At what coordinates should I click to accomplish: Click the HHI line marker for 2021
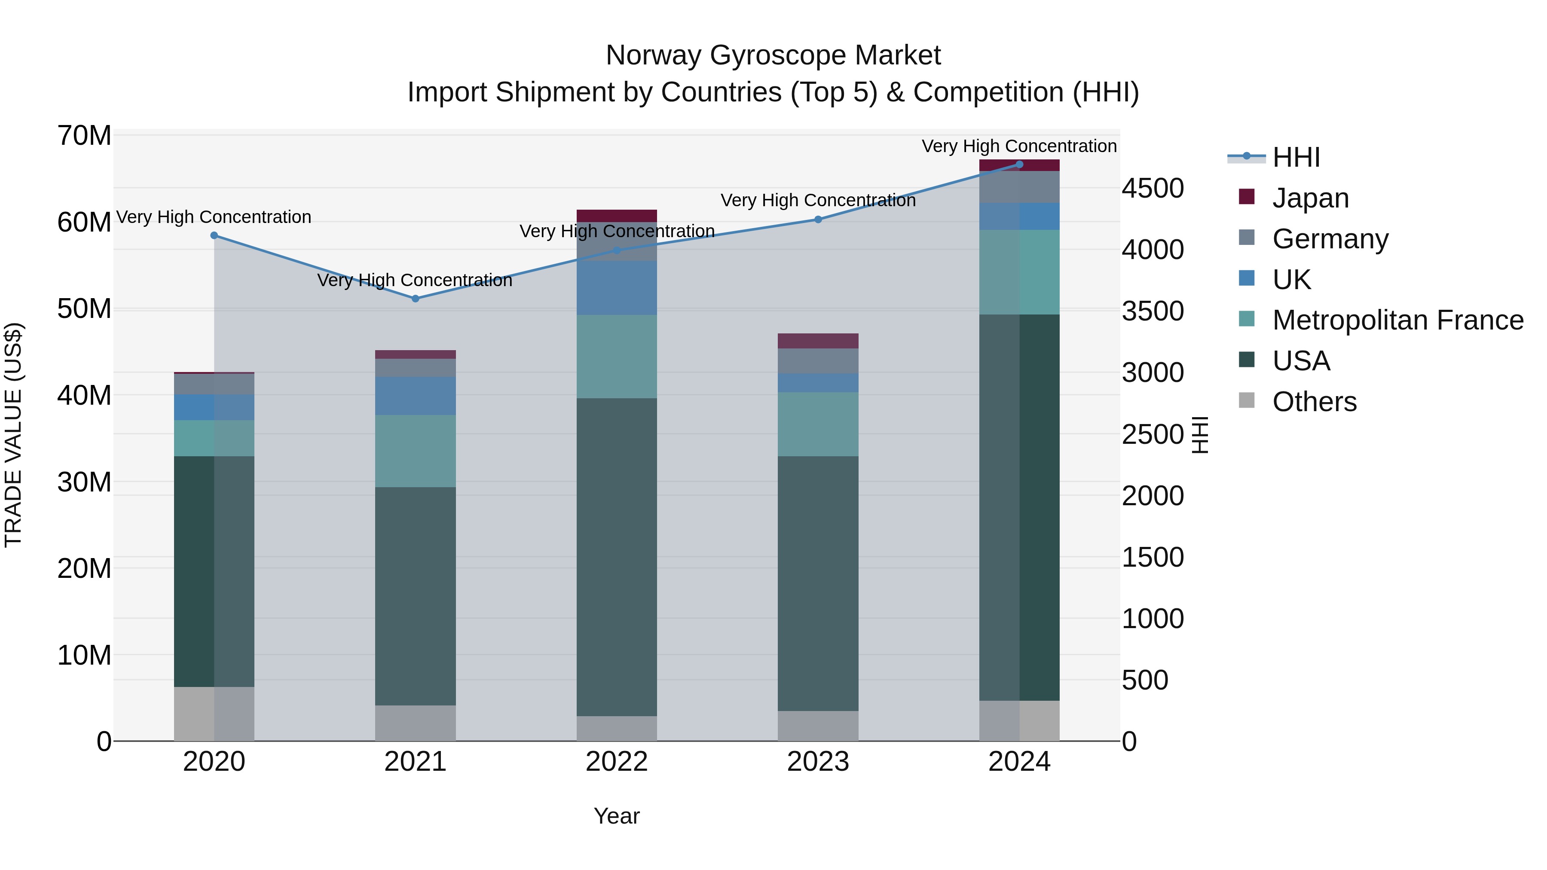(415, 299)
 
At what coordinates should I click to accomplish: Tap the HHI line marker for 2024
(1019, 165)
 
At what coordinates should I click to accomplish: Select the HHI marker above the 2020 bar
(214, 235)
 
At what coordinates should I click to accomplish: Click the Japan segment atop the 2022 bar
(617, 216)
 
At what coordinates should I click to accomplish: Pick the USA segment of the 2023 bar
(818, 583)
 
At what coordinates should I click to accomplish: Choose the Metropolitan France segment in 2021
(415, 451)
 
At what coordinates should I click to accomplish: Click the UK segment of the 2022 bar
(617, 287)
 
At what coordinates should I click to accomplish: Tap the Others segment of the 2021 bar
(415, 723)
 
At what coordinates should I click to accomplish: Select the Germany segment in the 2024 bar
(1019, 187)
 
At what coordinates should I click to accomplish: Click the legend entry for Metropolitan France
(1397, 320)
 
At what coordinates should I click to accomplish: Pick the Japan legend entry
(1310, 198)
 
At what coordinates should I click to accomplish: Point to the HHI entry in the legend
(1296, 157)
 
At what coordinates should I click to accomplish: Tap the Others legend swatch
(1247, 400)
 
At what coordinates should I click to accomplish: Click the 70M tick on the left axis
(84, 136)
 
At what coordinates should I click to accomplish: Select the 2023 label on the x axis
(818, 762)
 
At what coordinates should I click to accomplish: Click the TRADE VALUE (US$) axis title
(13, 435)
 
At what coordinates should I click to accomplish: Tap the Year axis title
(617, 816)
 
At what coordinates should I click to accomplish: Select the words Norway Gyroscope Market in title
(773, 55)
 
